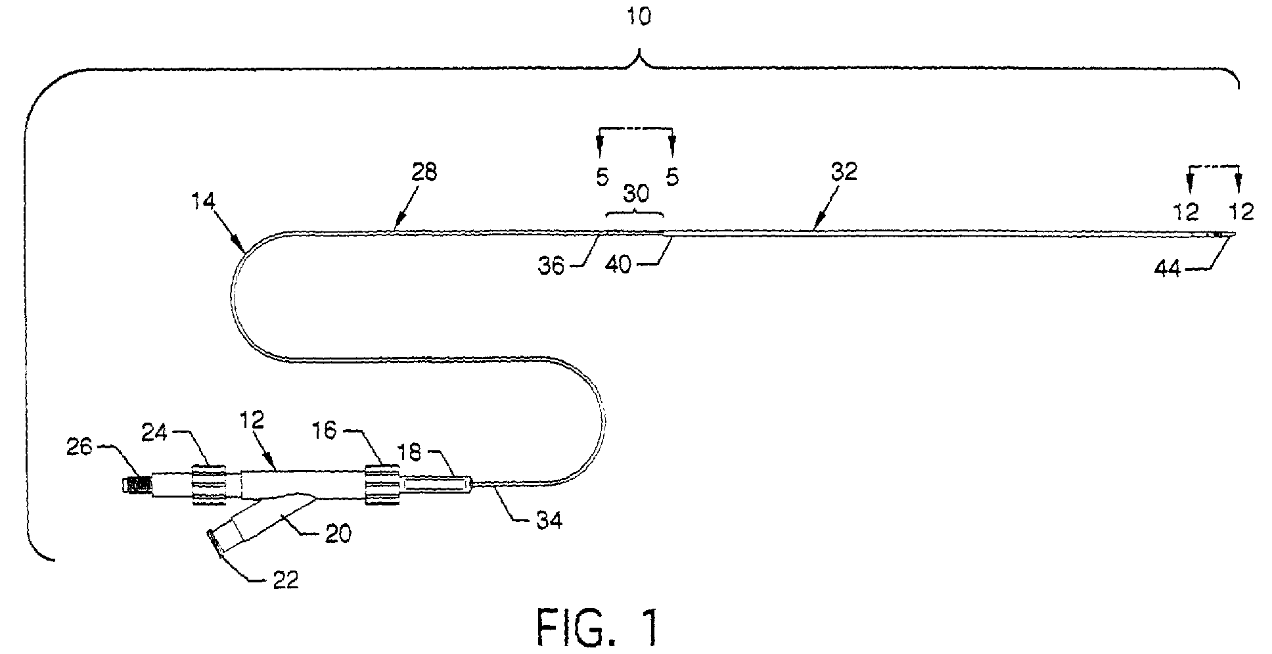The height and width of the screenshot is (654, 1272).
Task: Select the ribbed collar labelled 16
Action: (382, 484)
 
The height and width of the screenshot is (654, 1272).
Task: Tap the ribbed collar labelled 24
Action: (209, 484)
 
